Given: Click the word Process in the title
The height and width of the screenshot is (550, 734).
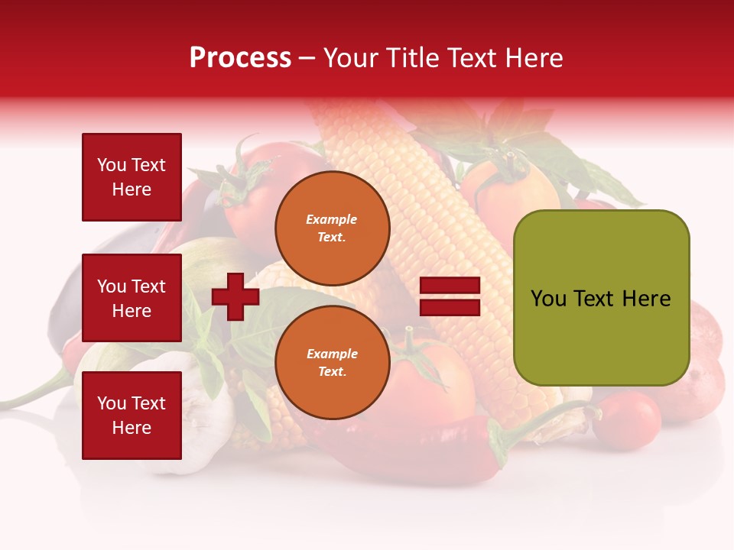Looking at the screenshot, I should tap(240, 58).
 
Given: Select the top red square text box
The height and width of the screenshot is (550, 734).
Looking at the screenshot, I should tap(132, 177).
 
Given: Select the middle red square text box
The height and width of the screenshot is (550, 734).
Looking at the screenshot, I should tap(132, 298).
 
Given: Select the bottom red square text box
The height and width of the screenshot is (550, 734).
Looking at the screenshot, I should tap(132, 415).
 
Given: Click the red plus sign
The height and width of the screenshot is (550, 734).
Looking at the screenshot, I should tap(235, 296).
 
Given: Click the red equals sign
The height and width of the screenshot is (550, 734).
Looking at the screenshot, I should tap(450, 296).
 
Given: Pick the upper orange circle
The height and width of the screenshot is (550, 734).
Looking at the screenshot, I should tap(332, 228).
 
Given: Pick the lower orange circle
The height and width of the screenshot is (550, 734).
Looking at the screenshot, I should tap(332, 363).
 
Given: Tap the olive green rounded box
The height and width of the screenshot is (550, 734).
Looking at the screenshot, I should tap(601, 298).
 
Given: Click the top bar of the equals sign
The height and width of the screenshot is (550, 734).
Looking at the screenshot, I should tap(450, 286).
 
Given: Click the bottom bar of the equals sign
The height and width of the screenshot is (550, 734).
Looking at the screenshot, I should tap(450, 307).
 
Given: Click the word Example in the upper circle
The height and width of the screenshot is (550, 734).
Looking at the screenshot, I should tap(332, 219).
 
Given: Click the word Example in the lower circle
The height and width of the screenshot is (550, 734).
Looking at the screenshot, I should tap(332, 354).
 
